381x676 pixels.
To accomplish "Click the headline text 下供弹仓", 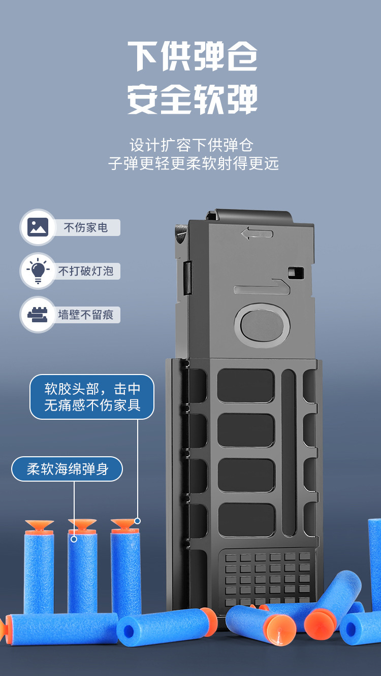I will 192,56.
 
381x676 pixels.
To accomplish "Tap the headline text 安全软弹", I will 192,99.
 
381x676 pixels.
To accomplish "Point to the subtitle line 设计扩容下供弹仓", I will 192,145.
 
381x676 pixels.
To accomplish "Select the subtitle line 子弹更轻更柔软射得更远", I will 194,164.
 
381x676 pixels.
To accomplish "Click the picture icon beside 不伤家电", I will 38,227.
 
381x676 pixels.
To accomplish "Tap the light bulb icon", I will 38,271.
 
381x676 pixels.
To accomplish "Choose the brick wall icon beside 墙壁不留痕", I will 38,315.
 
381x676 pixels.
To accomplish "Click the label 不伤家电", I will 86,227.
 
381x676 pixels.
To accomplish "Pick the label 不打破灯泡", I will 86,271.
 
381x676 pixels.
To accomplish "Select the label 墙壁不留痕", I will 86,315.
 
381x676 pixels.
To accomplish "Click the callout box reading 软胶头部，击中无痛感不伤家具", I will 92,397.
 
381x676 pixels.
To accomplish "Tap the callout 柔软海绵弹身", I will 67,469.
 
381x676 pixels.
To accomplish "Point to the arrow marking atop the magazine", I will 257,234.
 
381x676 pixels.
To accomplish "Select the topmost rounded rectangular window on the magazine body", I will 246,386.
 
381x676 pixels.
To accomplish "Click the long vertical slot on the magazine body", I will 289,452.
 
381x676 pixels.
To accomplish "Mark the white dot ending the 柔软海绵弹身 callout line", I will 74,539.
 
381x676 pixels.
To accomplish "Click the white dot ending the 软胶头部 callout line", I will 137,521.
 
